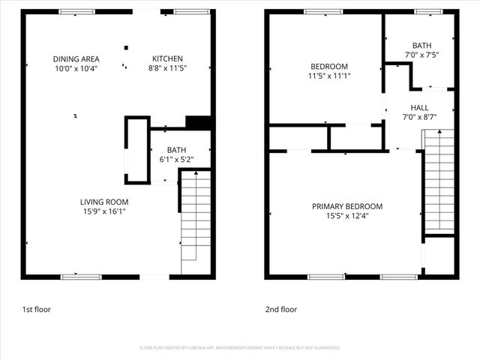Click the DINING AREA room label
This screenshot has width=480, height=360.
76,59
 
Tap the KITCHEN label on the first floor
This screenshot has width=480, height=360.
167,59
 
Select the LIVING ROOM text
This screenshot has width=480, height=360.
104,202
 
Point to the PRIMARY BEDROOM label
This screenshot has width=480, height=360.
347,206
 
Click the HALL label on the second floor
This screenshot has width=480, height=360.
419,108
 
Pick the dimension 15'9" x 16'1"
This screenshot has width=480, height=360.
104,211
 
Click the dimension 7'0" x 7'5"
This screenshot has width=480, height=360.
421,55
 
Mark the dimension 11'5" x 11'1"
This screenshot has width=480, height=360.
329,76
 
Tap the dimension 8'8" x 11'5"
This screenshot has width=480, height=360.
167,68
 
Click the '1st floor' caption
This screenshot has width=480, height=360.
36,309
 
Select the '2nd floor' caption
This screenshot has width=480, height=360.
281,309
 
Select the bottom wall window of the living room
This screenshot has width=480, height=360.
80,277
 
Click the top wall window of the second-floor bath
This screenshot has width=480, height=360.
428,11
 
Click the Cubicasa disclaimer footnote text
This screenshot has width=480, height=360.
240,348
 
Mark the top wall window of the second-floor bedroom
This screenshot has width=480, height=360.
323,11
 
